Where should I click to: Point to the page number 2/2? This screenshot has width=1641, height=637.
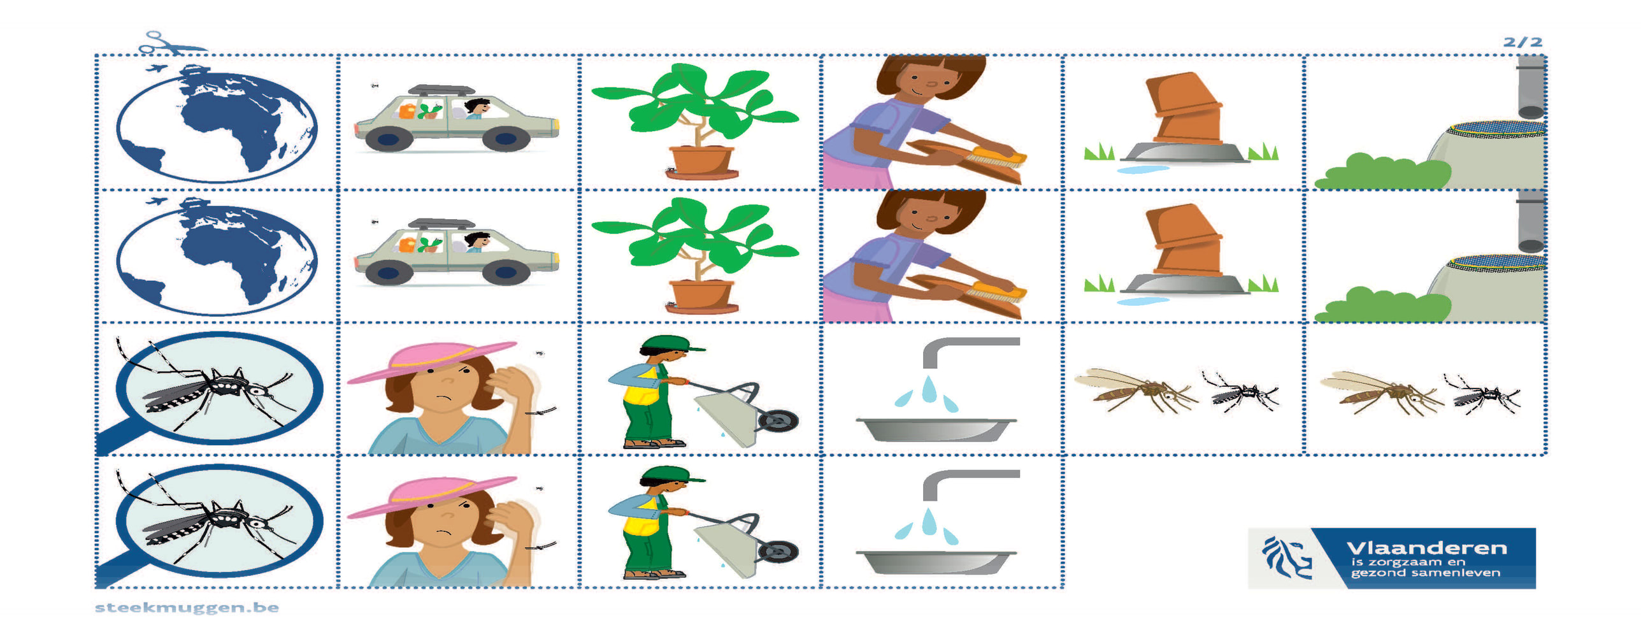point(1523,42)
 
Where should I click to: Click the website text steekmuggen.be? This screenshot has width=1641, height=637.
point(187,607)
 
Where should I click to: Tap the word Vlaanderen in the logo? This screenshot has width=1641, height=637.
point(1426,548)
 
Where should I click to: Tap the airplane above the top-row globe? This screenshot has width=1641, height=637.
point(156,68)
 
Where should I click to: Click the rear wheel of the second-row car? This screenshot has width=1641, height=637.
point(387,273)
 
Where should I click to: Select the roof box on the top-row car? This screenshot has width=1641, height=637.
point(441,89)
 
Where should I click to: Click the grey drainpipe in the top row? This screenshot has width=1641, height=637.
point(1531,87)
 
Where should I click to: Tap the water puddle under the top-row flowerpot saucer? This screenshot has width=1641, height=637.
point(1143,169)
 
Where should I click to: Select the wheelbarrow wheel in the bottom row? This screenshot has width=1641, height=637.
point(778,551)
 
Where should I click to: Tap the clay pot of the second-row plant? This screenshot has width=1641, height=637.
point(701,295)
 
